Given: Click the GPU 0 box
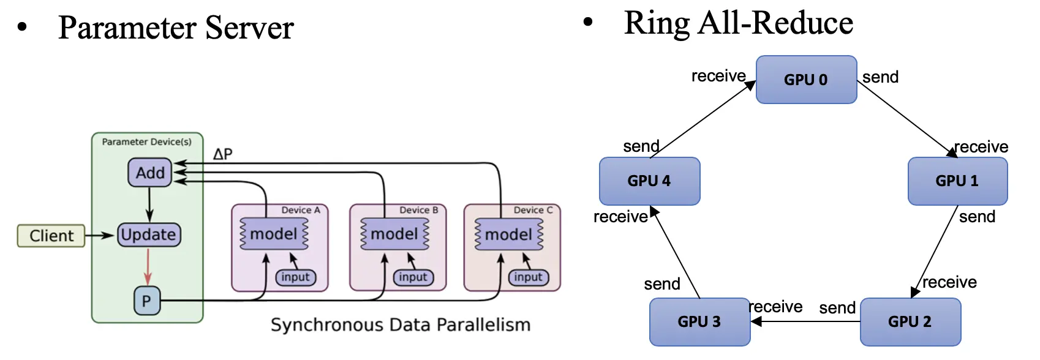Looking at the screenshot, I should [806, 80].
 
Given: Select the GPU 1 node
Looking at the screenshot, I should [957, 181].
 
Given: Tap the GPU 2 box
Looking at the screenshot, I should [910, 321].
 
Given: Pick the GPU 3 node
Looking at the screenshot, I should [699, 321].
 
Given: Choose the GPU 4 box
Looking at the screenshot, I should [649, 181].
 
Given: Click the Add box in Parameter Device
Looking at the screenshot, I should [150, 173].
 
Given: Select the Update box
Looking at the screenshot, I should [148, 234].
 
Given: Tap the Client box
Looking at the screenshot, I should [51, 236].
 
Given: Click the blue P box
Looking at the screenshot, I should [146, 301].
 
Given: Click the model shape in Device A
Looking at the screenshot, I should [274, 234].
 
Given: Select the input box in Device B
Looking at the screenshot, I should [413, 277].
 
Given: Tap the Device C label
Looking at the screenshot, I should [533, 210].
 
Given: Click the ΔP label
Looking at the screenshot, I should [223, 154].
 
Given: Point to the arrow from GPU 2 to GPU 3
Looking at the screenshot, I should [805, 321].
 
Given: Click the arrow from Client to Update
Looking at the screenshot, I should [100, 235].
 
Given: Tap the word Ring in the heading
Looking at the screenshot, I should [657, 23].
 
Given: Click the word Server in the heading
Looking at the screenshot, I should [249, 28].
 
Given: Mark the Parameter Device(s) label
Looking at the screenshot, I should [146, 141].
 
